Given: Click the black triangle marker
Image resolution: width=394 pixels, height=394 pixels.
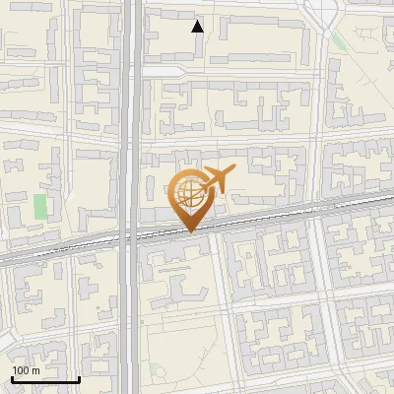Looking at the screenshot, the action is [x=198, y=27].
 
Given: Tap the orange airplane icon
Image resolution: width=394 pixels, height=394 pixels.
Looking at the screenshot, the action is [x=216, y=180].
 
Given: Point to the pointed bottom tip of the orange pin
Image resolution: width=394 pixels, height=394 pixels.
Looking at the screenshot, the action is [x=189, y=232].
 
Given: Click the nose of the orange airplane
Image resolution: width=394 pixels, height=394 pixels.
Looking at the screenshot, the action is [x=232, y=171].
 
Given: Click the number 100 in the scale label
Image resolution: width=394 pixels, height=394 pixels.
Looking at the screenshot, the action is [x=21, y=371].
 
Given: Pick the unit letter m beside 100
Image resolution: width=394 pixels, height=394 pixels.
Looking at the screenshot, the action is [x=35, y=371].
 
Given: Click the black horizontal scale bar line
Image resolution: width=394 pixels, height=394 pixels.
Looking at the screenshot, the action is [x=45, y=380].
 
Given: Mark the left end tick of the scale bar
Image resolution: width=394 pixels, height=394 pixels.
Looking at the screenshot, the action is [x=12, y=378].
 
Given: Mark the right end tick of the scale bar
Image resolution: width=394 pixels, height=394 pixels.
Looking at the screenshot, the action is [x=80, y=378].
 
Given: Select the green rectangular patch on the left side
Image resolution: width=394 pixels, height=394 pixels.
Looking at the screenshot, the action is [x=40, y=207].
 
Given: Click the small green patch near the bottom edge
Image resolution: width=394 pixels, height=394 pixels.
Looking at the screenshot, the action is [x=153, y=370].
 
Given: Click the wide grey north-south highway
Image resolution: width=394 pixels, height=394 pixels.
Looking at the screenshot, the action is [x=131, y=118].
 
